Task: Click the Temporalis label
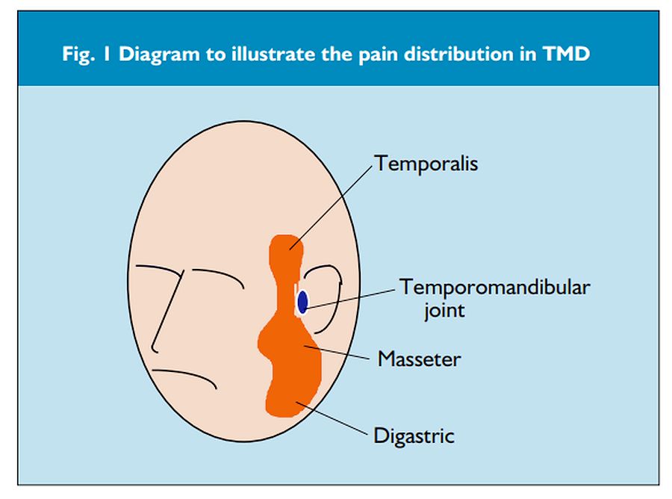pyautogui.click(x=426, y=163)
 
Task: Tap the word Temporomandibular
pyautogui.click(x=494, y=287)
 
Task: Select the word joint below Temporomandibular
pyautogui.click(x=444, y=310)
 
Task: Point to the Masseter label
pyautogui.click(x=419, y=359)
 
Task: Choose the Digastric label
pyautogui.click(x=414, y=435)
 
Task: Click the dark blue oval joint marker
pyautogui.click(x=302, y=302)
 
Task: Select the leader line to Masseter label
pyautogui.click(x=340, y=353)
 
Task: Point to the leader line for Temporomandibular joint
pyautogui.click(x=351, y=297)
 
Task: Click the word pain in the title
pyautogui.click(x=349, y=56)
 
